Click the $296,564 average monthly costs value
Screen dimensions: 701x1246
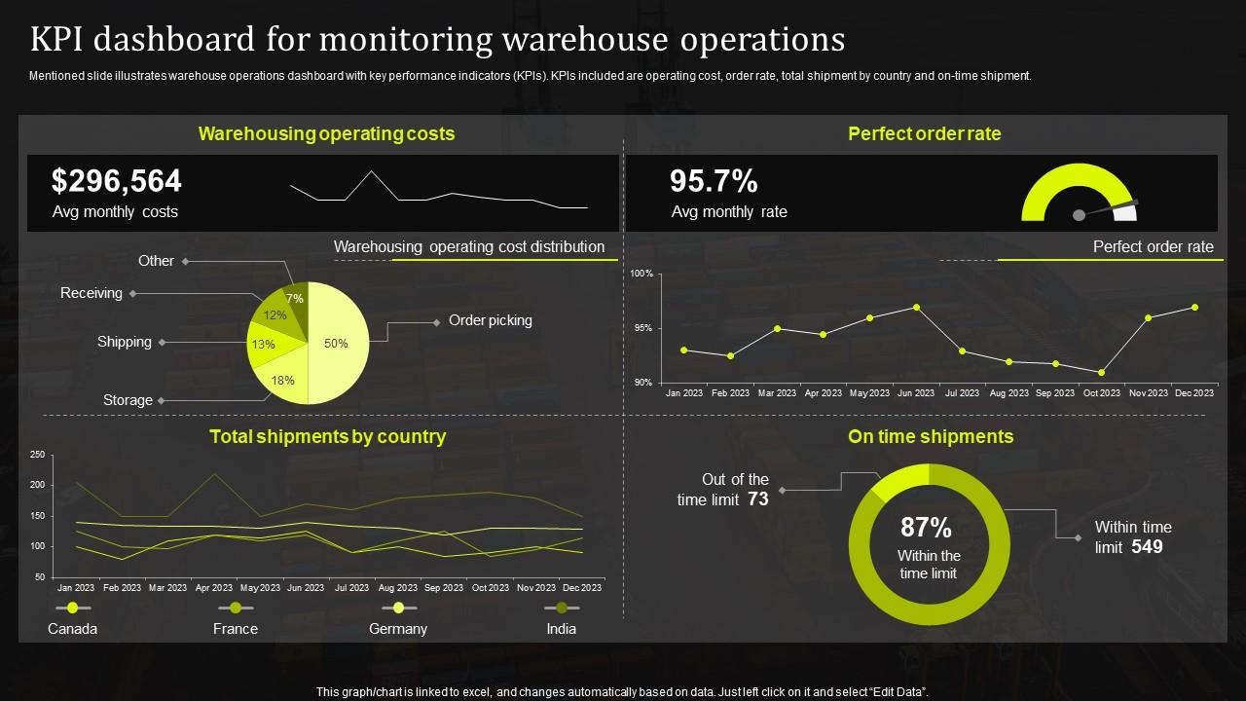click(117, 181)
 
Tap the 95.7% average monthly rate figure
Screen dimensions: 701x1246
click(714, 181)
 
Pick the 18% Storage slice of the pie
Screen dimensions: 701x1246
click(282, 380)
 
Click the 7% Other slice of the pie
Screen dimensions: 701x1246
click(295, 299)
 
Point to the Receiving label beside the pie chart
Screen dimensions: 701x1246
click(92, 293)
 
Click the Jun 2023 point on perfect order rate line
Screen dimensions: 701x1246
click(916, 307)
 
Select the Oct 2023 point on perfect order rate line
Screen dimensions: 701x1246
click(1101, 372)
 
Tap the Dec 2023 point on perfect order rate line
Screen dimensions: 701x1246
click(1194, 307)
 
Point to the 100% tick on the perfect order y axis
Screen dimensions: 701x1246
click(641, 275)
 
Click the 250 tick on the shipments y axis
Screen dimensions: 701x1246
click(38, 455)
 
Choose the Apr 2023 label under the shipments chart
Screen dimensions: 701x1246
click(214, 588)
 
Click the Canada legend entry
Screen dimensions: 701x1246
click(73, 629)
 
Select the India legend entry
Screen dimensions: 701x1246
click(562, 629)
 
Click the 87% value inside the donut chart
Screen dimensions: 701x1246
click(926, 528)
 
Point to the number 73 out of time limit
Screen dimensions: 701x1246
click(758, 499)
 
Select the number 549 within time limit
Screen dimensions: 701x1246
click(1148, 547)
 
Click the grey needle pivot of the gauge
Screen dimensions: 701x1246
click(1079, 214)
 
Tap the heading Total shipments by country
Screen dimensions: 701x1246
click(328, 437)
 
